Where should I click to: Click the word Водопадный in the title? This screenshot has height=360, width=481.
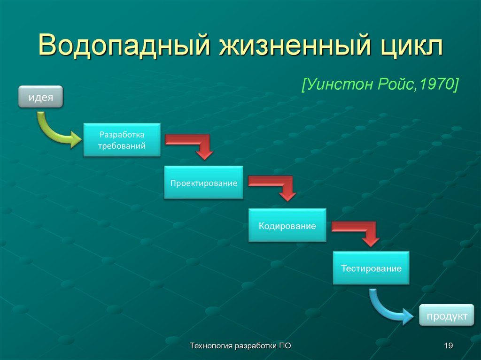coord(124,46)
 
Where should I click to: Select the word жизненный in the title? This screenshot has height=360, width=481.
coord(295,46)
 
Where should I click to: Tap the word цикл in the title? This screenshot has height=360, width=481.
coord(411,46)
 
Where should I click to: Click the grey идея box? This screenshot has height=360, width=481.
coord(40,97)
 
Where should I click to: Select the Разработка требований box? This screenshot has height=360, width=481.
coord(122,140)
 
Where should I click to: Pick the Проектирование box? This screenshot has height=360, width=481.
coord(204,183)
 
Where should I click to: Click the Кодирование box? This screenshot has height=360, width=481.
coord(287,225)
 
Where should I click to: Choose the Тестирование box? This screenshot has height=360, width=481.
coord(371,268)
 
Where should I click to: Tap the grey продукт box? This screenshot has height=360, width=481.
coord(447,315)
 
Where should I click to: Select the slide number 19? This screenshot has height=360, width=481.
coord(448,345)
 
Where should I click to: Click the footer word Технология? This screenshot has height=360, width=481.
coord(211,346)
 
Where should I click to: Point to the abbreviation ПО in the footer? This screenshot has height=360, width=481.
coord(285,345)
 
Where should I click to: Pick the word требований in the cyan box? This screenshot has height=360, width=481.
coord(122,146)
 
